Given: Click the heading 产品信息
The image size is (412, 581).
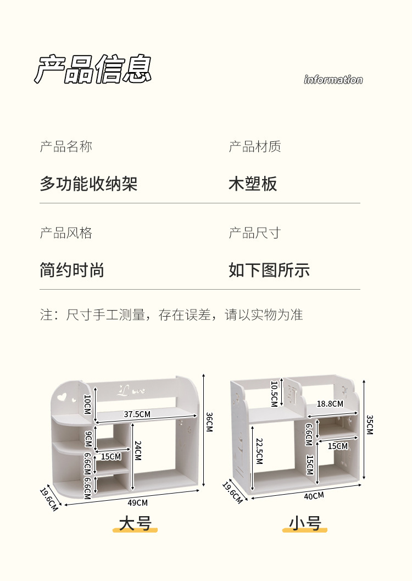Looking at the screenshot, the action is point(93,69).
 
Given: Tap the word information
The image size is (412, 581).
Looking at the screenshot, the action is point(333,80).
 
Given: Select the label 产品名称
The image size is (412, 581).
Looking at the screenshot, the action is point(66,147).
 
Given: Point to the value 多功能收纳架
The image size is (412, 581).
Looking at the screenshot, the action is point(88,184).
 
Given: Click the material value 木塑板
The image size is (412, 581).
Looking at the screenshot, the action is point(253,184).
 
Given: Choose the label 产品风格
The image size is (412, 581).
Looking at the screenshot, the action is point(66,233).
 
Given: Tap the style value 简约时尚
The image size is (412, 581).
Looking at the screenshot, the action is point(72,270).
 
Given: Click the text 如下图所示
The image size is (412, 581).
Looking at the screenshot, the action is point(269,270).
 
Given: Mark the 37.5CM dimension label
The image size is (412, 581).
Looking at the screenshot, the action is point(137,414).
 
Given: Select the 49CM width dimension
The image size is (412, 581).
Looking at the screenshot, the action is point(137,502).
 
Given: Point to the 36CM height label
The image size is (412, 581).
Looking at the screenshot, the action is point(209,422).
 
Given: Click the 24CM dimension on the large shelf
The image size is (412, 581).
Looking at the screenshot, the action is point(138,452).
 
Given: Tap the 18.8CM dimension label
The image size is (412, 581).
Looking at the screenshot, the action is point(330,404).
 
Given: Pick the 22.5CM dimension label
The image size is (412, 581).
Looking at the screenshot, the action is point(259,451).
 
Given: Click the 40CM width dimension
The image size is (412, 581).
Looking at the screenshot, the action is point(314,496).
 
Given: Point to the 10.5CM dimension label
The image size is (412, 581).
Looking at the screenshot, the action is point(274,394).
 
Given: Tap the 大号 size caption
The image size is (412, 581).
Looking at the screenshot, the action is point(135,523).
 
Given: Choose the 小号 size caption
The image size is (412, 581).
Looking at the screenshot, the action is point(305,523).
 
